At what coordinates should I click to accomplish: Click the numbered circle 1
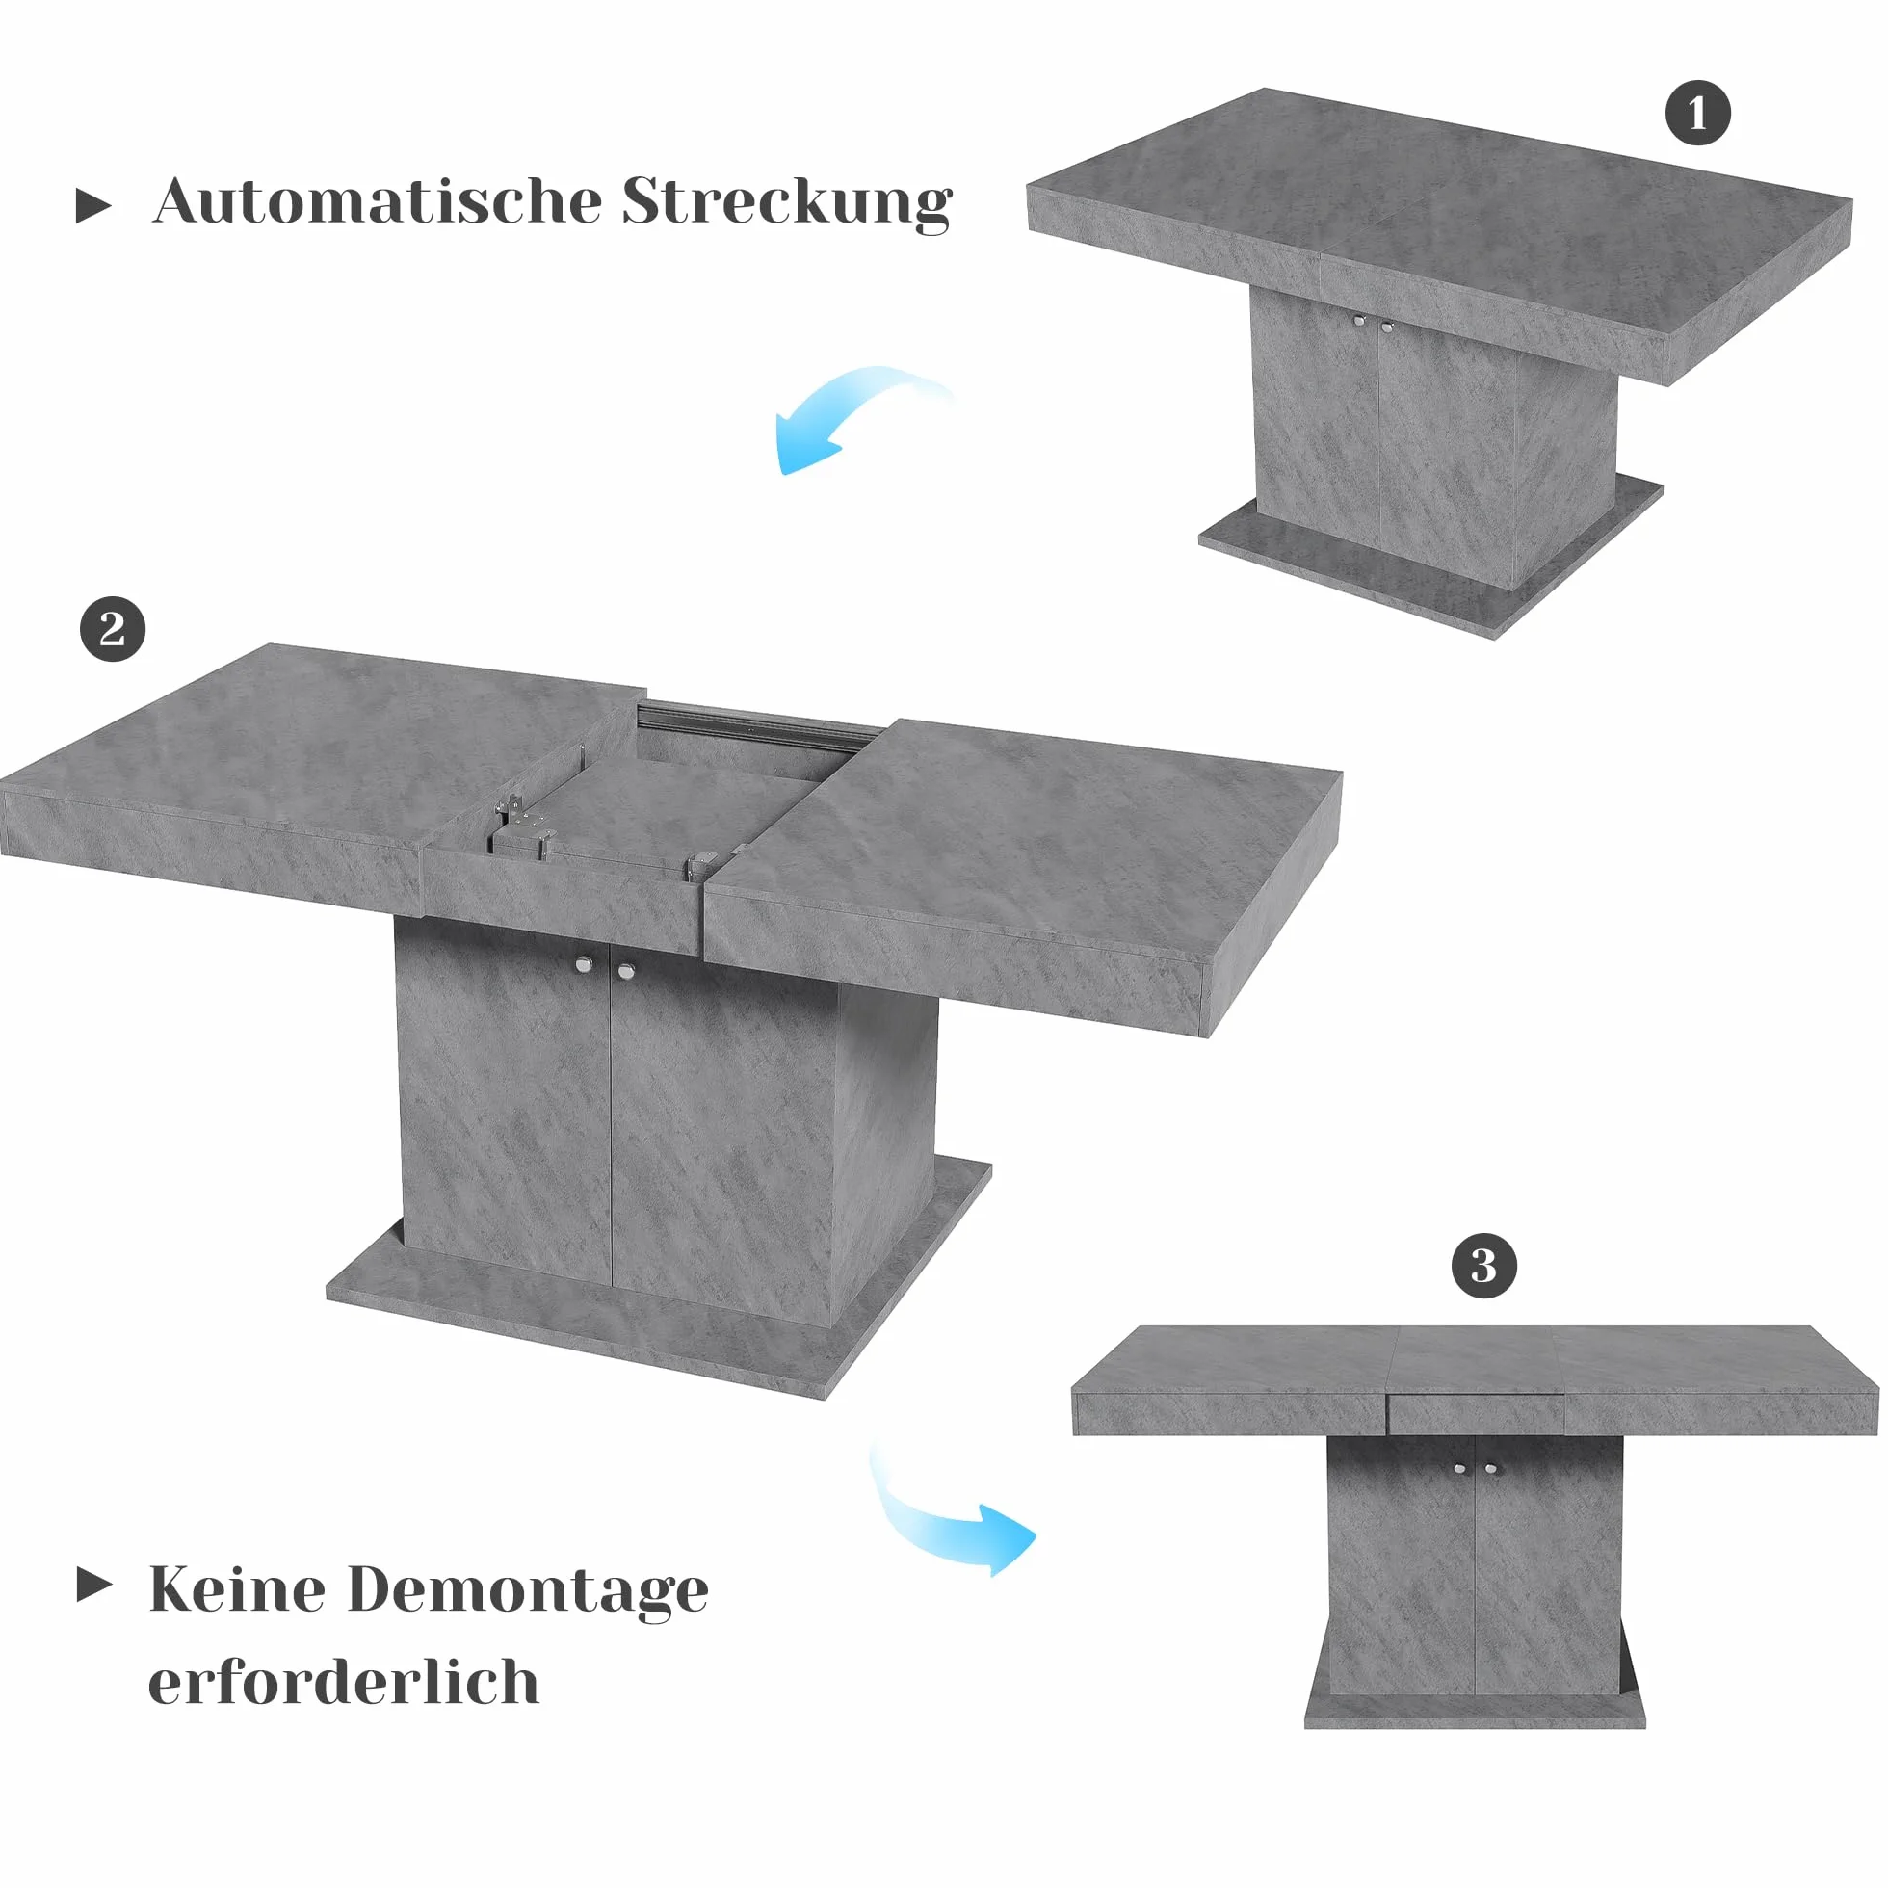coord(1697,113)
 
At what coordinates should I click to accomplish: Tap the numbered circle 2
coord(113,629)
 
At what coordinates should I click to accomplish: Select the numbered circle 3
coord(1483,1267)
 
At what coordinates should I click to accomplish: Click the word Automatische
coord(378,202)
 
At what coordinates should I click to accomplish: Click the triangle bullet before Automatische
coord(92,206)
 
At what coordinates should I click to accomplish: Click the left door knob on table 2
coord(584,965)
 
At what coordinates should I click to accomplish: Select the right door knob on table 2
coord(626,971)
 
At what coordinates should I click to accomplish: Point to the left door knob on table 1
coord(1358,321)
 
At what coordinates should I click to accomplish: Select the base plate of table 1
coord(1430,557)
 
